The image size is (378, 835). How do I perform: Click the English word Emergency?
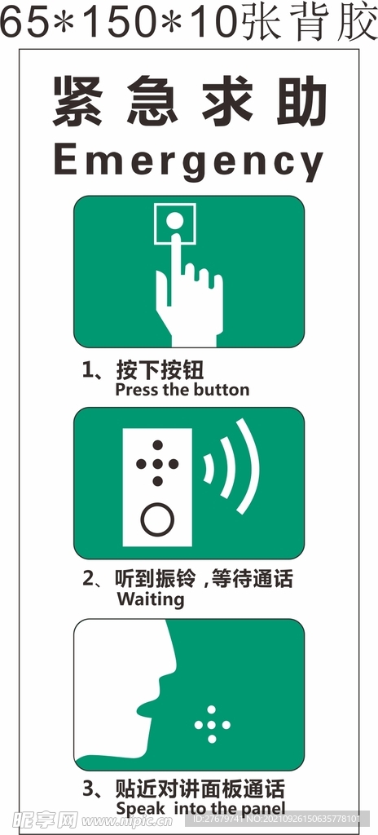(188, 161)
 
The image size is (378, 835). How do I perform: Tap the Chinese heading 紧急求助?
(189, 102)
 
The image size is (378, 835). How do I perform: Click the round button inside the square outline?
(174, 220)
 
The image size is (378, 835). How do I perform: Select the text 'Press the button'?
(182, 390)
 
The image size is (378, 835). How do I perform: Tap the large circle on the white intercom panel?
(157, 519)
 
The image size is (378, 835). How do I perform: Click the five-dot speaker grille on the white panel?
(157, 464)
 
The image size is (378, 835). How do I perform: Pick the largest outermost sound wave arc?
(248, 466)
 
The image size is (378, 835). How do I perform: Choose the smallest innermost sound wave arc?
(209, 467)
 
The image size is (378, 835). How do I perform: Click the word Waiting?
(151, 599)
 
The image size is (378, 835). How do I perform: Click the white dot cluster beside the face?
(212, 724)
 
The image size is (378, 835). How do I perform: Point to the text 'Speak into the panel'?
(200, 808)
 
